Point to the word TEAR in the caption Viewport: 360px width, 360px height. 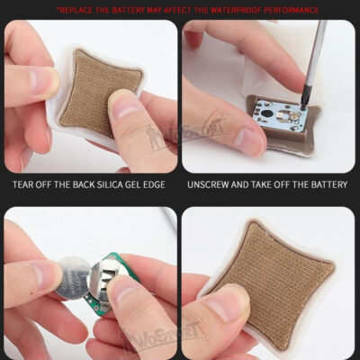tap(23, 184)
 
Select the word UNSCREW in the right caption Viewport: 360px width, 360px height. tap(208, 184)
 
